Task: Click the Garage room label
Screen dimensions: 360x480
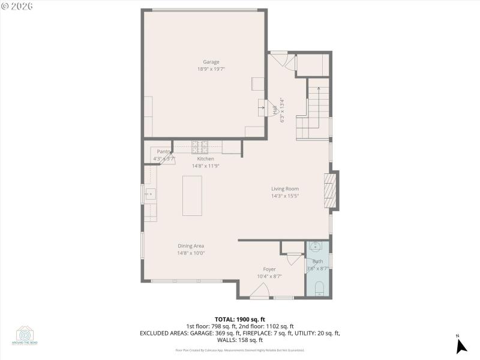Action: pos(211,62)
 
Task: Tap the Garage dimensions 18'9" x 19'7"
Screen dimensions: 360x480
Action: pos(211,69)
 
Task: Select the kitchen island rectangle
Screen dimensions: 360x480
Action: pos(193,196)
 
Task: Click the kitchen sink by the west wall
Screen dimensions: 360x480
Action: pos(150,194)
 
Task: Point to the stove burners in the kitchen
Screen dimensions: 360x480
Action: pos(200,145)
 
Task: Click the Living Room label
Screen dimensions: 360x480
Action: pos(284,189)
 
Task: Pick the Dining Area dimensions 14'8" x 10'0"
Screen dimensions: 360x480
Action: pos(191,253)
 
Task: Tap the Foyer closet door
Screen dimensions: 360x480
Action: pos(295,259)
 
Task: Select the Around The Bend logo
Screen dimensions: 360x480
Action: pos(26,335)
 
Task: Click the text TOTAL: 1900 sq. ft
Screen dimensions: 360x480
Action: pos(239,319)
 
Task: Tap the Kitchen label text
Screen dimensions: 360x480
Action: pos(205,159)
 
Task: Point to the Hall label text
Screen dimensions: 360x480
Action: pos(275,110)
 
